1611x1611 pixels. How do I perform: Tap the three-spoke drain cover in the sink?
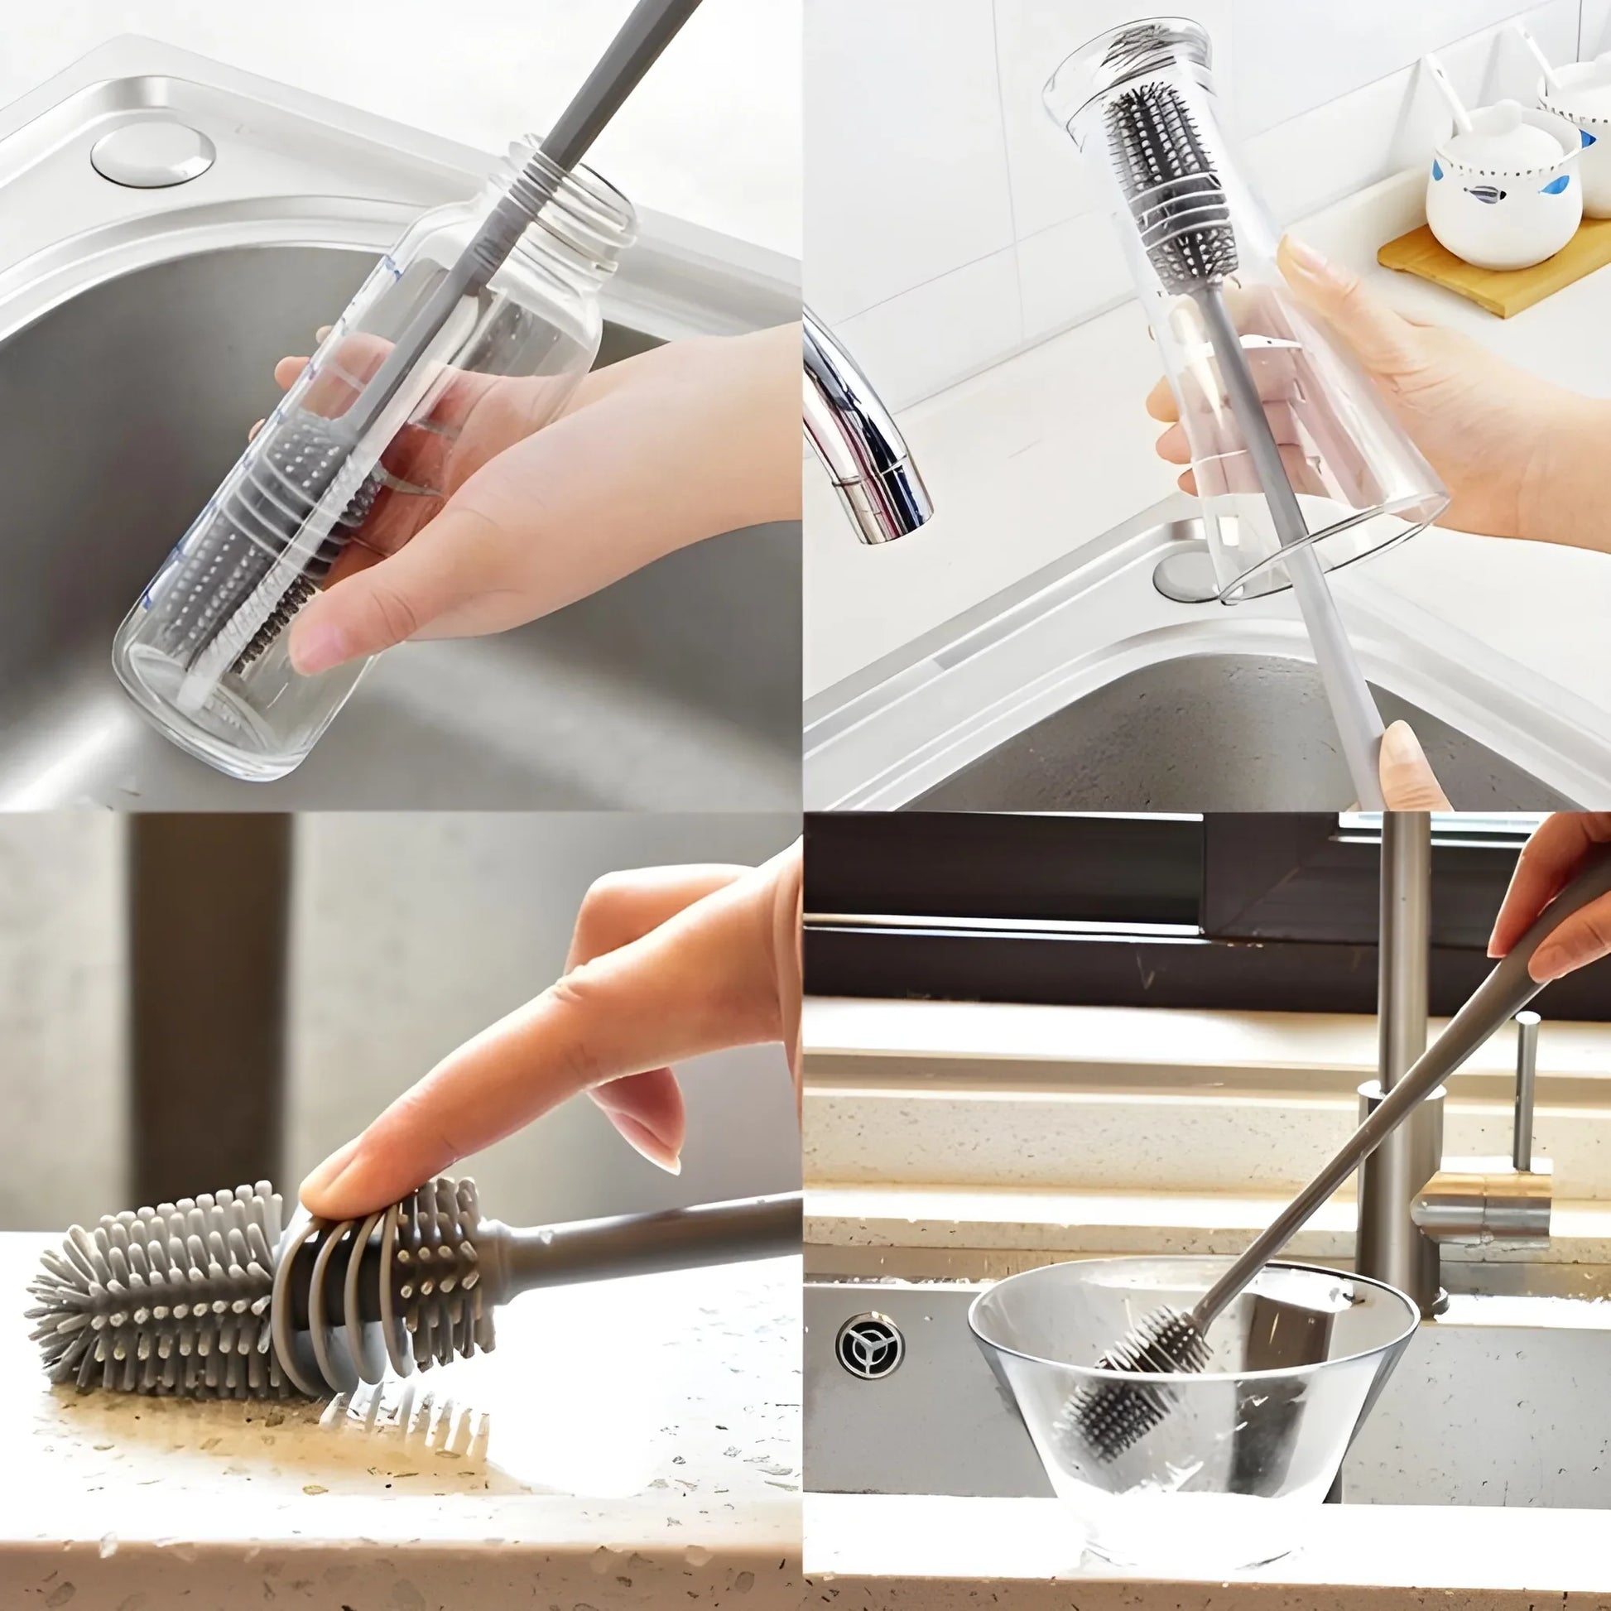pyautogui.click(x=871, y=1344)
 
